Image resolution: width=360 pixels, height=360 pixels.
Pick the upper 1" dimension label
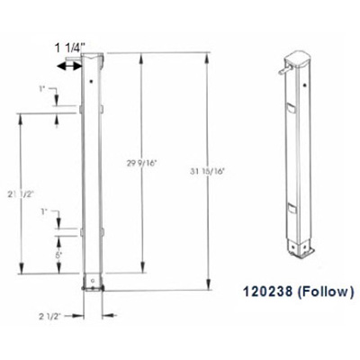[42, 89]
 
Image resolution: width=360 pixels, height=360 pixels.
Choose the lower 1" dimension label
[44, 211]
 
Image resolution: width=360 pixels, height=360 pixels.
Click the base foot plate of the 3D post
[297, 248]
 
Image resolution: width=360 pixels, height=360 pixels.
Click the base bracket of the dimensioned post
[94, 285]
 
